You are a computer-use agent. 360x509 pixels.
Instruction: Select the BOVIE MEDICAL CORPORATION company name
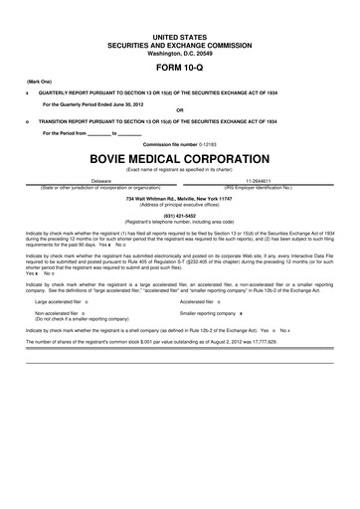click(179, 158)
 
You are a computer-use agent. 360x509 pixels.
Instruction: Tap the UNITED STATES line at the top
click(179, 36)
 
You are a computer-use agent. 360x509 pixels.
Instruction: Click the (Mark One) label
click(39, 82)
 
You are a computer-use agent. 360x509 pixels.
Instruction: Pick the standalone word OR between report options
click(179, 110)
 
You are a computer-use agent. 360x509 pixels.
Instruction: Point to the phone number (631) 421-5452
click(179, 215)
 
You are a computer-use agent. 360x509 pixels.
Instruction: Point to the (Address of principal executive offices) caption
click(179, 206)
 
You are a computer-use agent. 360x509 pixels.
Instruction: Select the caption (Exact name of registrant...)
click(179, 170)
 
